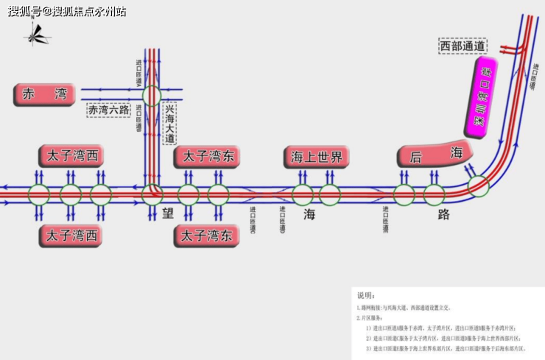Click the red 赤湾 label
(45, 94)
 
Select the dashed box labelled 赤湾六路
(108, 110)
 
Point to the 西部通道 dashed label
(463, 46)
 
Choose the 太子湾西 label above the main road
(71, 156)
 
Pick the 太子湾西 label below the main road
(71, 236)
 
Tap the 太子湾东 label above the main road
(207, 156)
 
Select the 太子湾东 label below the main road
(207, 236)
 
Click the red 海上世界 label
(317, 156)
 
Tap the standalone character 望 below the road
(168, 214)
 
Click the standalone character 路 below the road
(444, 214)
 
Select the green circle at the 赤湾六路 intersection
(152, 95)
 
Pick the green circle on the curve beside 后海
(479, 186)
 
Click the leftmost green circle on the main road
(39, 195)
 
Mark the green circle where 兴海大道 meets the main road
(152, 195)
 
